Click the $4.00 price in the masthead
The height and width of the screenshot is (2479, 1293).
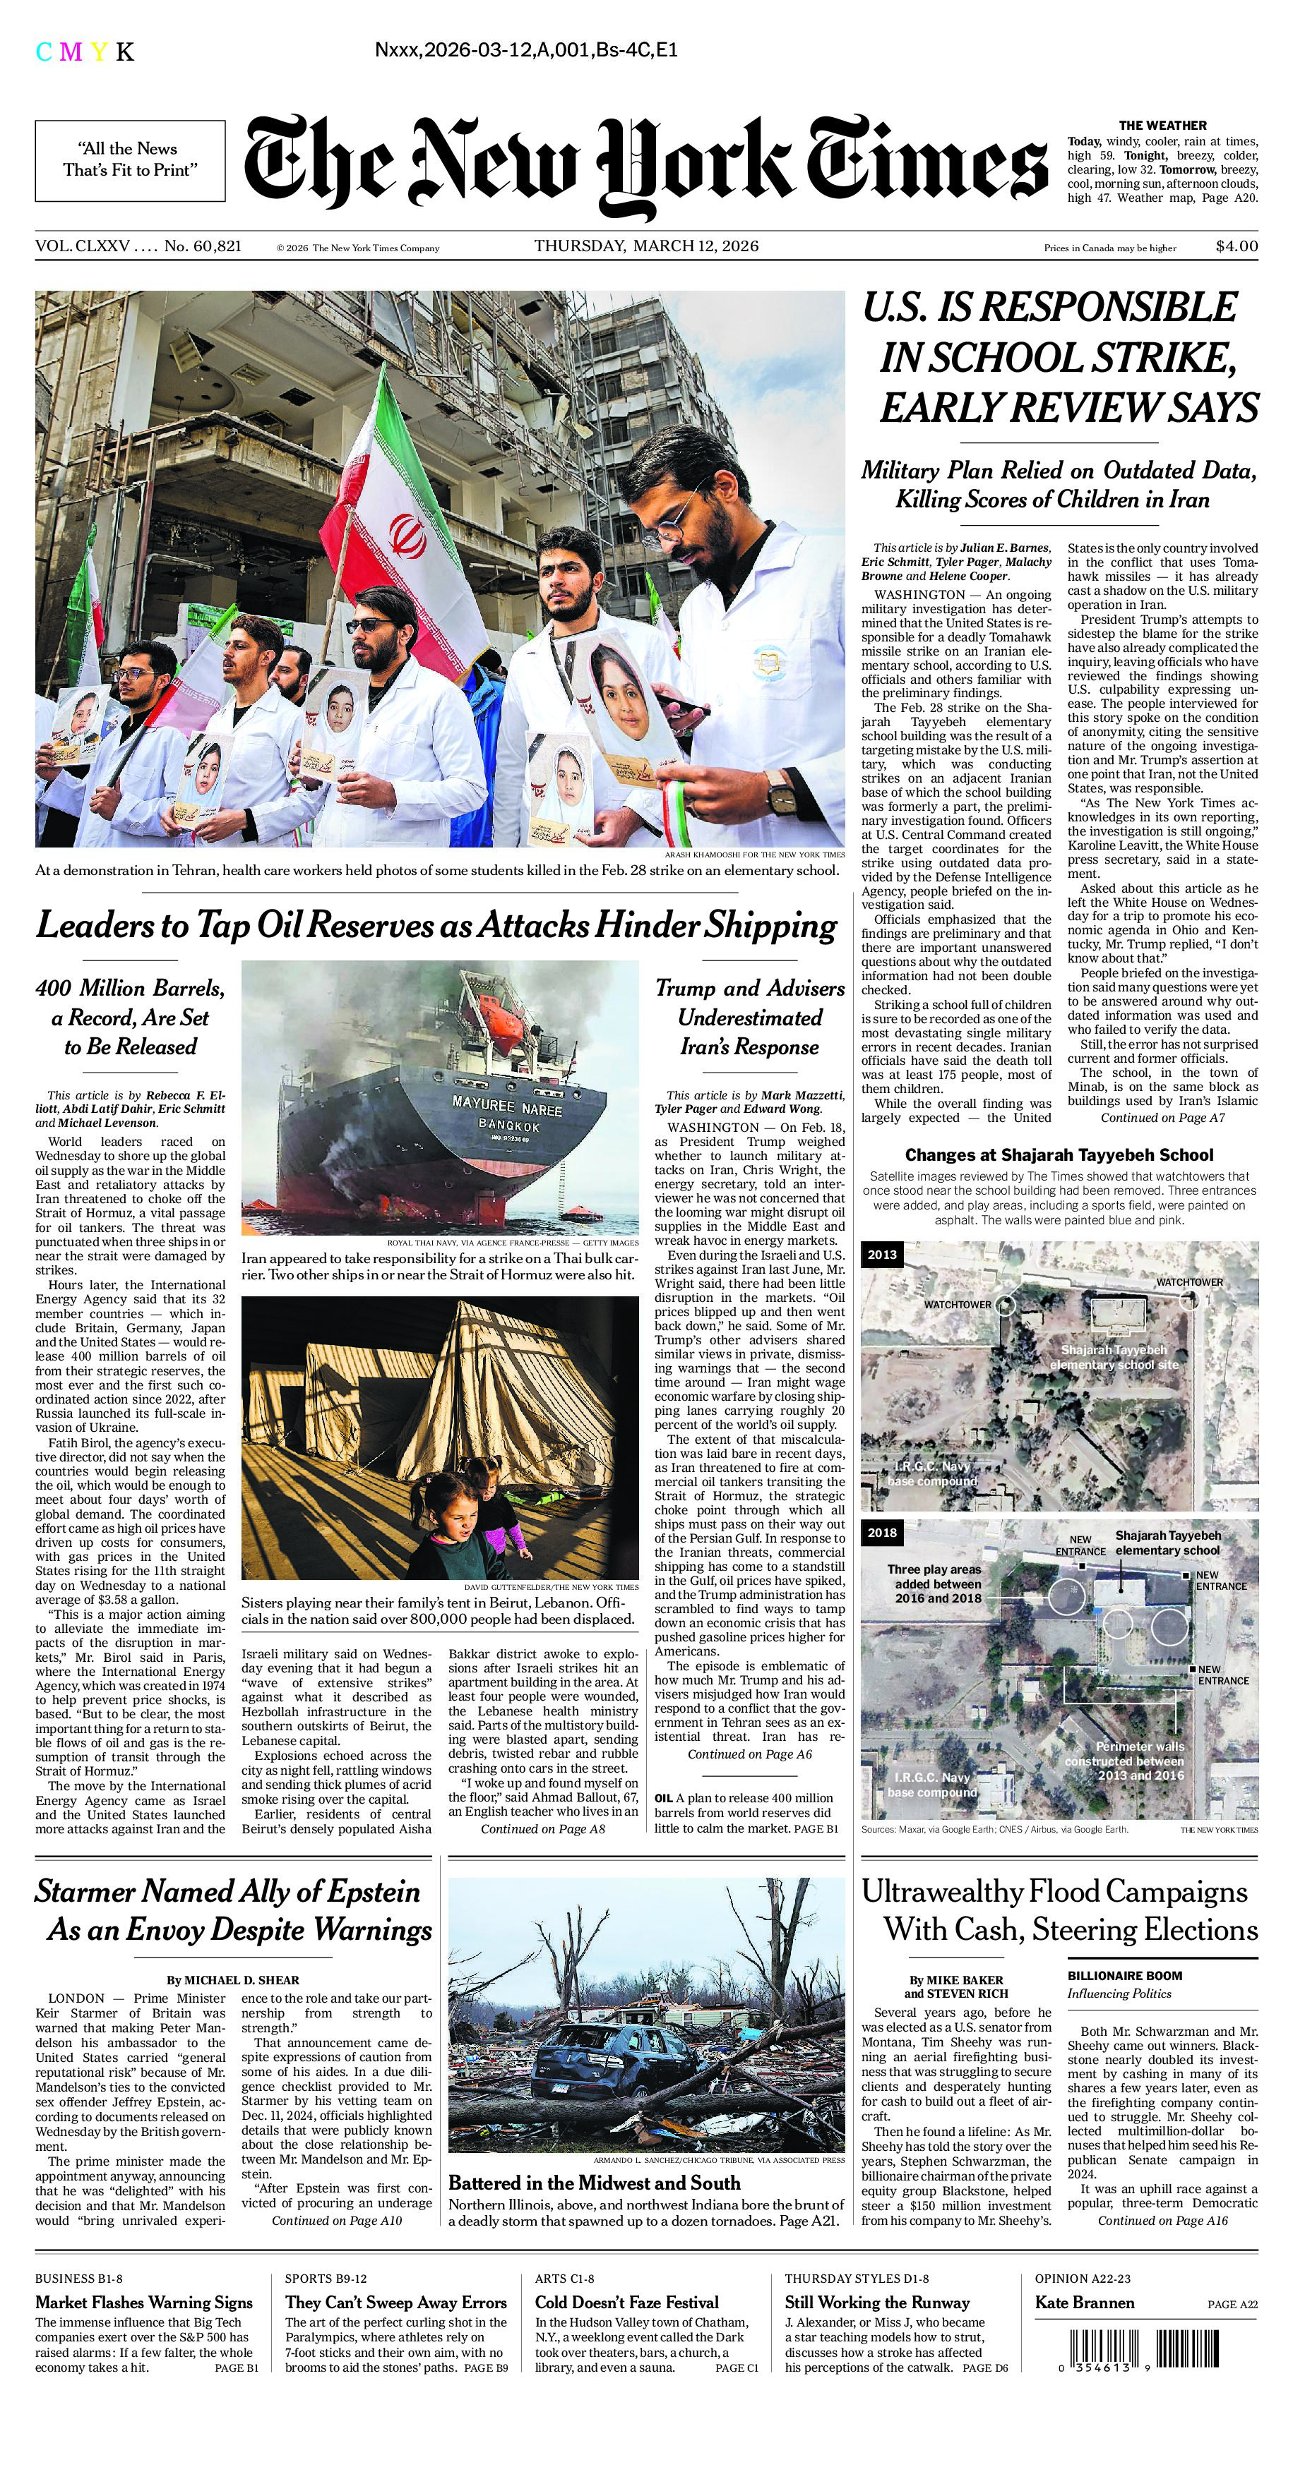click(1237, 246)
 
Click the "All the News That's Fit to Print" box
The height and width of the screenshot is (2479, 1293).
click(130, 159)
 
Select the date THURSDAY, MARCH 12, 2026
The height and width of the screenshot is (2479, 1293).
click(646, 246)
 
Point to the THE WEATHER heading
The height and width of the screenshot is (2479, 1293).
click(1161, 125)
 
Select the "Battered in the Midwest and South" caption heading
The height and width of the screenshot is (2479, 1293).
click(594, 2183)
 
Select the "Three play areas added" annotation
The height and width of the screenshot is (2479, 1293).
click(934, 1583)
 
